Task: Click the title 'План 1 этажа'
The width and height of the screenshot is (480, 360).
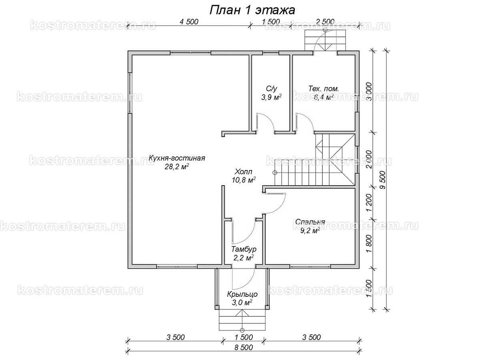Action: click(x=252, y=10)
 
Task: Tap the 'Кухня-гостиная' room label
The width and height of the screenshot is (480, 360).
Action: click(x=177, y=158)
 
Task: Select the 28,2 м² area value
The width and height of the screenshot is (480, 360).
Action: click(x=177, y=167)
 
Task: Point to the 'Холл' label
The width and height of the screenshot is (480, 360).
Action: click(x=243, y=171)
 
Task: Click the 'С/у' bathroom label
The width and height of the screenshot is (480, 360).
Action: click(x=271, y=88)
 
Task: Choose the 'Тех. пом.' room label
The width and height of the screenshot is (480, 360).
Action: click(x=324, y=89)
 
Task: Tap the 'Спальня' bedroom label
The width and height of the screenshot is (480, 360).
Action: click(x=310, y=222)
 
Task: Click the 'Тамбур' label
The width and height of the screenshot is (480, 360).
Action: click(x=244, y=249)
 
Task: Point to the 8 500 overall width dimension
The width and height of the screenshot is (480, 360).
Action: click(x=244, y=348)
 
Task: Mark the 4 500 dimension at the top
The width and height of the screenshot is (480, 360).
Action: click(x=189, y=22)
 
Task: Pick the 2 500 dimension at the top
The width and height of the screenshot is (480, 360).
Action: click(x=325, y=22)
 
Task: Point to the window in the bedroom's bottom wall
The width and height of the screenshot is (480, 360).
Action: click(x=310, y=266)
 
